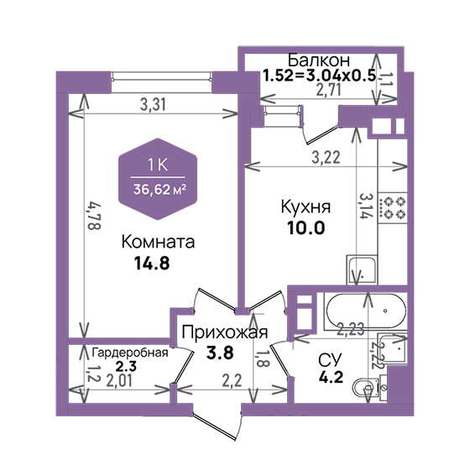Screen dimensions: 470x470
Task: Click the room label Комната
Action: (x=158, y=242)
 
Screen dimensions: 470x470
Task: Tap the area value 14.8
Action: (x=152, y=264)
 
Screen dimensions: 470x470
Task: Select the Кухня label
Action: (x=305, y=207)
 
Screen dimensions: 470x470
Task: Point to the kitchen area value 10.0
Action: (x=306, y=227)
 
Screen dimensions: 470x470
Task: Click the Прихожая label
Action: (x=225, y=332)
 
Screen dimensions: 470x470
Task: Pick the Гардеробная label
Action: (x=130, y=352)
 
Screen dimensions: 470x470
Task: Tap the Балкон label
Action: (x=319, y=60)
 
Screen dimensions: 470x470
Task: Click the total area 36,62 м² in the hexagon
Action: (x=159, y=190)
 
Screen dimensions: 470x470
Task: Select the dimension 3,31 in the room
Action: (x=153, y=105)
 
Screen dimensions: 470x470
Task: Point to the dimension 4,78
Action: (x=93, y=217)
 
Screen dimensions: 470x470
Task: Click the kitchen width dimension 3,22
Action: (x=326, y=157)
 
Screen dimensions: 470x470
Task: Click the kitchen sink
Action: (x=362, y=269)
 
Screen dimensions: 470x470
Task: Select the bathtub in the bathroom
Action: (x=366, y=311)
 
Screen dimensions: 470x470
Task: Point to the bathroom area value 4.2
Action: (x=331, y=377)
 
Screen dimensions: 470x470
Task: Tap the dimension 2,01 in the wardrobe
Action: (x=119, y=381)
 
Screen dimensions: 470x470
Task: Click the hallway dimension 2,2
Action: (x=232, y=381)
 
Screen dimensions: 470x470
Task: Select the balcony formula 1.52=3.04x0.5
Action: (x=319, y=76)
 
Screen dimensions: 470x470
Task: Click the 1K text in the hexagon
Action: (x=158, y=165)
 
